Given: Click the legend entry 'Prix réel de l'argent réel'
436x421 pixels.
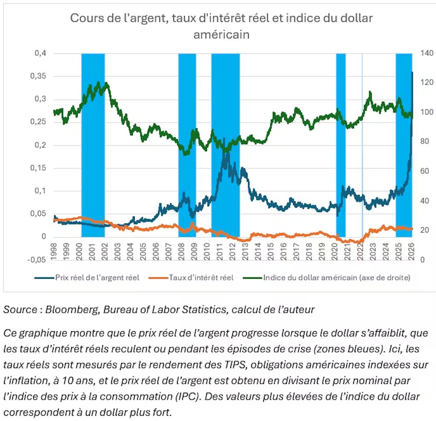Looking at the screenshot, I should pyautogui.click(x=97, y=277).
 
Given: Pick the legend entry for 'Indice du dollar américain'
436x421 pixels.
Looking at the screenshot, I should pyautogui.click(x=337, y=277).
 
